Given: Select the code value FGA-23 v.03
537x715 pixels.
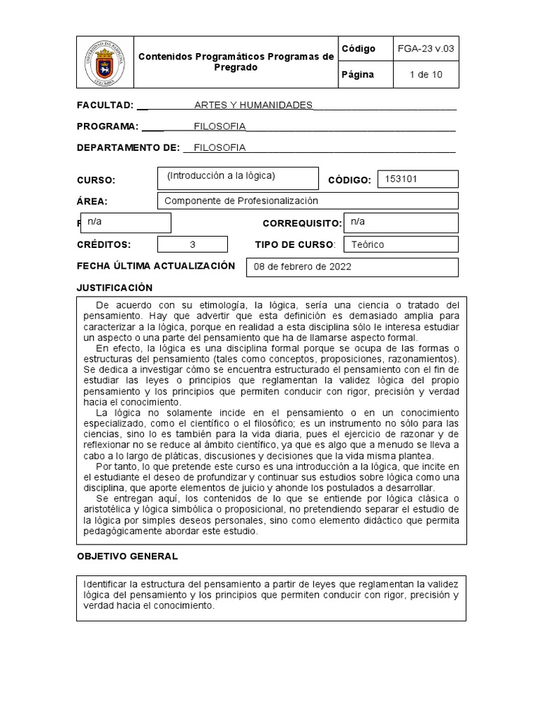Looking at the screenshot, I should click(x=426, y=49).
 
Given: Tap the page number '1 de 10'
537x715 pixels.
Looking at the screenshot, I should click(x=426, y=75).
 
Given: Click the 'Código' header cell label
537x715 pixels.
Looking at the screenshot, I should click(x=359, y=49).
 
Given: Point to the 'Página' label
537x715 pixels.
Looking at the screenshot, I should click(x=358, y=75).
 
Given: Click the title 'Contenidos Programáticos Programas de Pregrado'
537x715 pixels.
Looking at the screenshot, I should click(x=236, y=62).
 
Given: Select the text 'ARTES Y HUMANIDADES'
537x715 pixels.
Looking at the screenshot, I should click(x=253, y=105).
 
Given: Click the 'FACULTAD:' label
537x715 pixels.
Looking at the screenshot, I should click(x=105, y=105).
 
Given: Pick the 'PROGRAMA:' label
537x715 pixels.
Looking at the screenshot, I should click(x=108, y=126).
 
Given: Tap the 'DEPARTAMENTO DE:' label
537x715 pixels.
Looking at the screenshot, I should click(x=128, y=147).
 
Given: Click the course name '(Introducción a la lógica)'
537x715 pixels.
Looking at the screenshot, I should click(x=221, y=176).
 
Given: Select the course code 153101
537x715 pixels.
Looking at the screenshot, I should click(x=401, y=179).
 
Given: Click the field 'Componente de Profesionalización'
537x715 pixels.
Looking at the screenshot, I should click(x=241, y=201).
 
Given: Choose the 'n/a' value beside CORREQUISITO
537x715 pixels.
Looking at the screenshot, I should click(x=357, y=221).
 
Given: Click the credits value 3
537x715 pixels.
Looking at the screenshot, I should click(x=193, y=244).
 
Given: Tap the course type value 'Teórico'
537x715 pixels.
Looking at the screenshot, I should click(x=368, y=244).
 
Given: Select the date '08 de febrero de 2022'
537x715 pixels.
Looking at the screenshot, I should click(x=303, y=267).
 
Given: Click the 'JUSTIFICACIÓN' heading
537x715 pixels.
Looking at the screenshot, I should click(x=114, y=288).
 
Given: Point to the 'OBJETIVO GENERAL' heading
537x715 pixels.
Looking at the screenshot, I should click(x=127, y=556).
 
